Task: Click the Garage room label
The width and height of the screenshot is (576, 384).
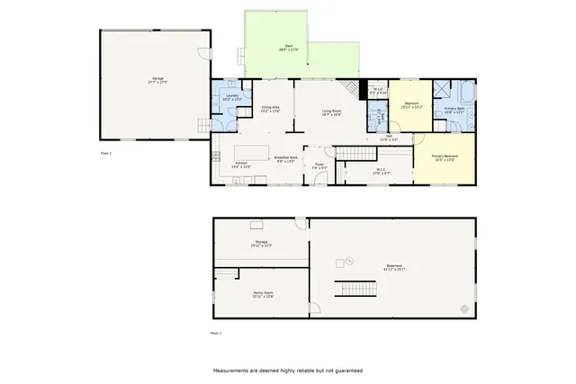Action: click(157, 80)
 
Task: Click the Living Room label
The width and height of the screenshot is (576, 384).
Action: click(331, 112)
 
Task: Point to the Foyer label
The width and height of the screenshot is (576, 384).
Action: click(319, 165)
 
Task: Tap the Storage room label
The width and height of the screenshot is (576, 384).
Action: click(262, 244)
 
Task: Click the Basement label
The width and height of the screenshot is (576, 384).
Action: click(395, 267)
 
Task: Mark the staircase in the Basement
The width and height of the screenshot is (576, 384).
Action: click(355, 290)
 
